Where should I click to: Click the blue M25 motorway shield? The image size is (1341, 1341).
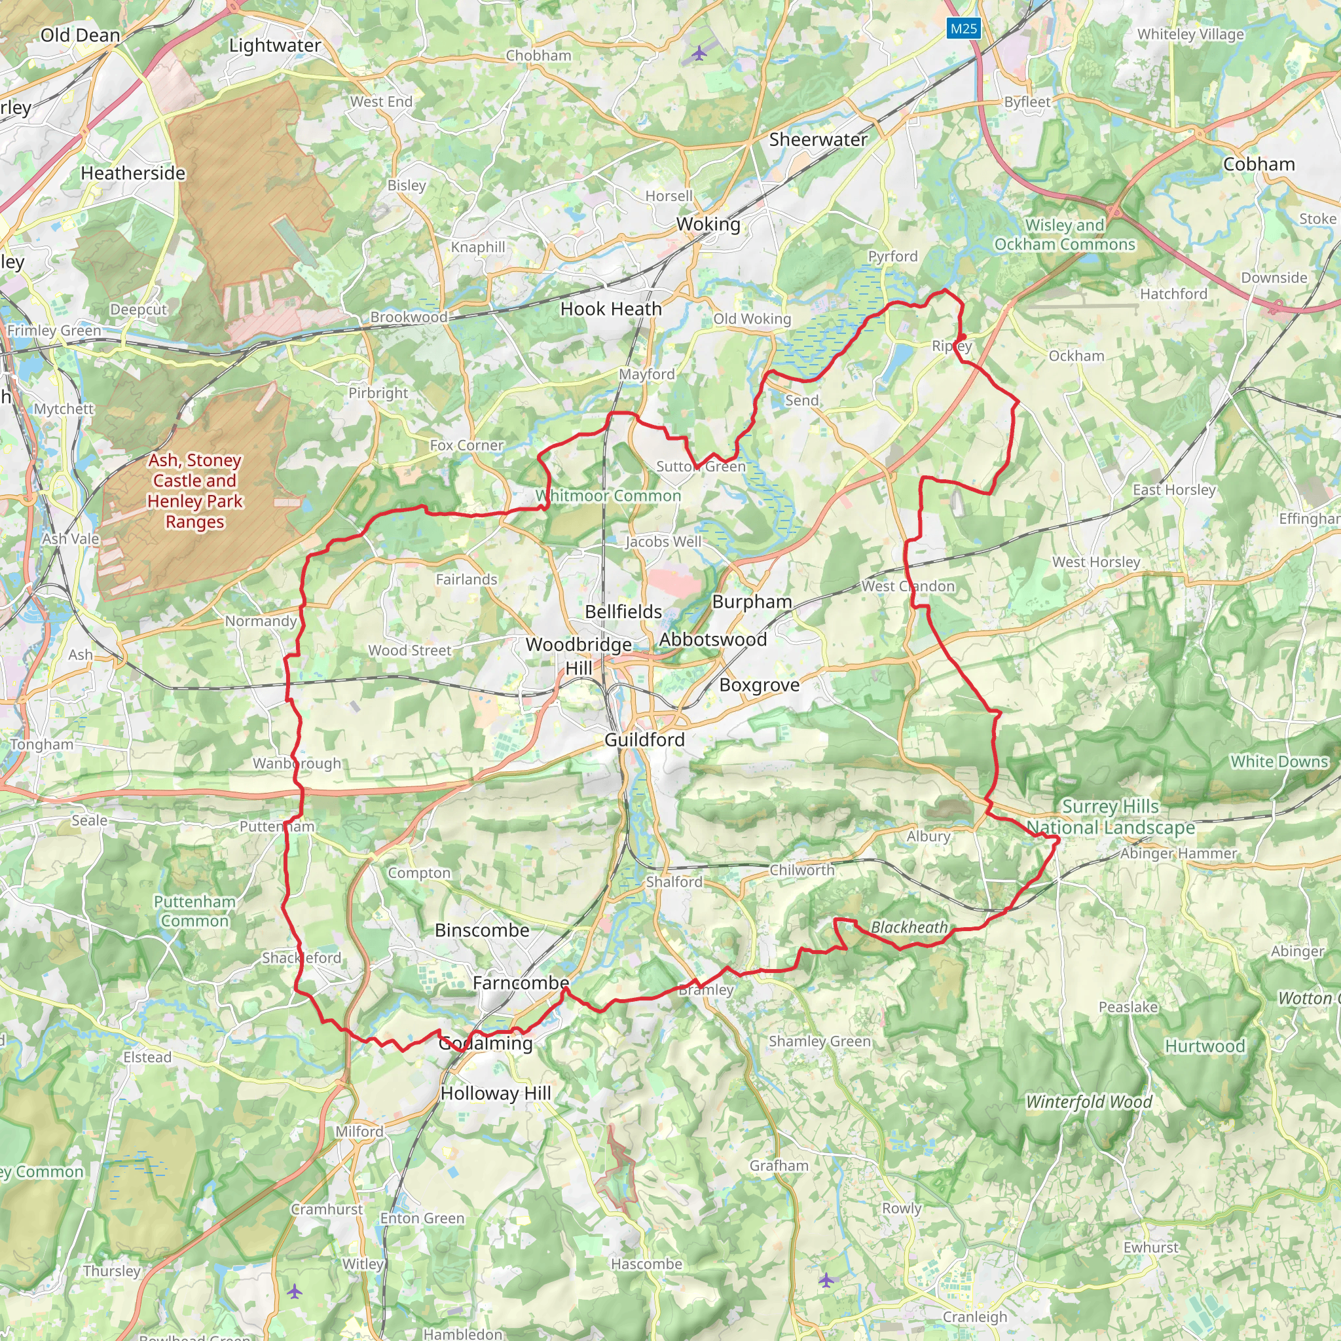tap(963, 28)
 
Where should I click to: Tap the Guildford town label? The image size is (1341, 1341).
tap(644, 740)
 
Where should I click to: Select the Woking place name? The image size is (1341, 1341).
tap(708, 224)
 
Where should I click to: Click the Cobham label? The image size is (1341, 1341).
tap(1258, 164)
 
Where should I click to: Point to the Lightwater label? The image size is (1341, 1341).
tap(275, 46)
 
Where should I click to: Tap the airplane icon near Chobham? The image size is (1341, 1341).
tap(699, 53)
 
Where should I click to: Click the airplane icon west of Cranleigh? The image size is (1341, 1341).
tap(826, 1280)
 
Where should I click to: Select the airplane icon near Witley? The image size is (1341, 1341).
tap(294, 1291)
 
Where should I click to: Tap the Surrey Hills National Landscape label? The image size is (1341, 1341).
tap(1111, 817)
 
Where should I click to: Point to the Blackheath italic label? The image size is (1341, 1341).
tap(909, 927)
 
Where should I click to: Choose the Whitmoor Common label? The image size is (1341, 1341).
tap(608, 496)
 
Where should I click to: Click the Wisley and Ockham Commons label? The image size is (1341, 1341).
tap(1065, 234)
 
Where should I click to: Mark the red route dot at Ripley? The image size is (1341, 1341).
tap(962, 337)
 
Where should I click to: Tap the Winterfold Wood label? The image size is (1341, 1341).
tap(1088, 1101)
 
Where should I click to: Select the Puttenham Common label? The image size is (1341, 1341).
tap(194, 911)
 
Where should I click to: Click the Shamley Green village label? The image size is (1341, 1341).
tap(819, 1041)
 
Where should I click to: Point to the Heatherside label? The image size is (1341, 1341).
tap(134, 174)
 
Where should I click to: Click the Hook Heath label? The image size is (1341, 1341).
tap(611, 310)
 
